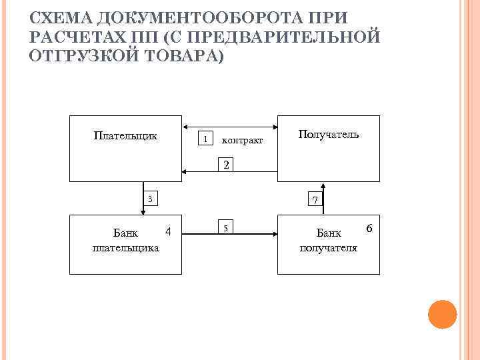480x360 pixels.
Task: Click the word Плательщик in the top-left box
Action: [125, 136]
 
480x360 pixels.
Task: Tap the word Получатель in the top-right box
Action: [328, 135]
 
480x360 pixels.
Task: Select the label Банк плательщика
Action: [125, 241]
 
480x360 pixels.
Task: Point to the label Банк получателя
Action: [328, 241]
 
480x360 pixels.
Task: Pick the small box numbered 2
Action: [227, 165]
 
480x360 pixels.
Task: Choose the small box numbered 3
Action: [151, 199]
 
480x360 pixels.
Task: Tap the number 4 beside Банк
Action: [169, 231]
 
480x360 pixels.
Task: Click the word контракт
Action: [242, 141]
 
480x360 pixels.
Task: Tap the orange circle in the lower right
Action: [441, 314]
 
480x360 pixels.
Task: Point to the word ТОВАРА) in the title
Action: [181, 56]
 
